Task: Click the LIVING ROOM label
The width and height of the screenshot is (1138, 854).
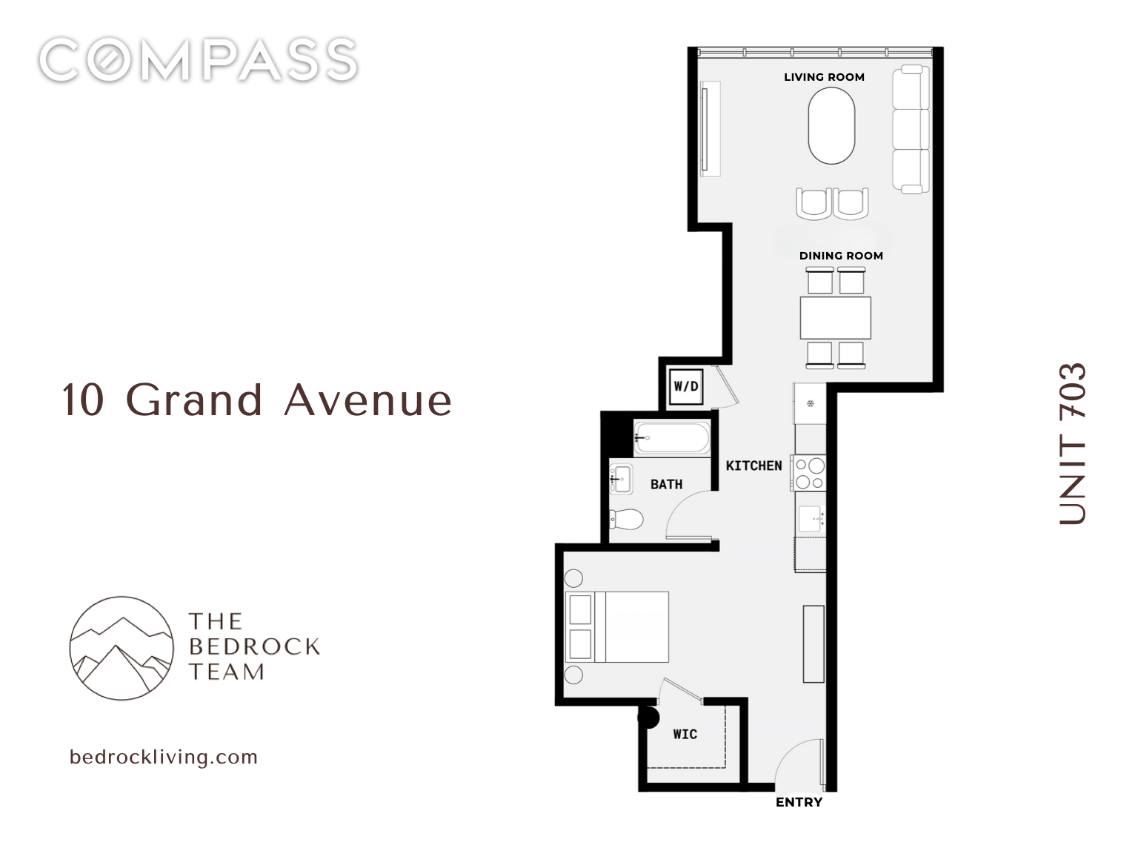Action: tap(824, 77)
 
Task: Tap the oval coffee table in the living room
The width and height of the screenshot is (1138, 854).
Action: tap(831, 126)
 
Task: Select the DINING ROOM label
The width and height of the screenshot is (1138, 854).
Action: tap(841, 256)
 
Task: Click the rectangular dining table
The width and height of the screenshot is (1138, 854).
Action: tap(835, 317)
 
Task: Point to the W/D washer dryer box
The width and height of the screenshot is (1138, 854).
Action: tap(685, 386)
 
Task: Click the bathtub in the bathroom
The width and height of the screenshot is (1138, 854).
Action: tap(672, 437)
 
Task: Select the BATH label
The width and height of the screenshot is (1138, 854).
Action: tap(666, 484)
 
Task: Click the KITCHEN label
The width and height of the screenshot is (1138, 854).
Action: tap(753, 466)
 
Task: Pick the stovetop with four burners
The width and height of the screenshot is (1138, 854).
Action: tap(808, 474)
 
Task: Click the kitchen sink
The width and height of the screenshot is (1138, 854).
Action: tap(811, 515)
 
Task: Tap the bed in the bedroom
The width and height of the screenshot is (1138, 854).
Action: tap(617, 626)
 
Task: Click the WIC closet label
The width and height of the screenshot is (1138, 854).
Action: tap(685, 734)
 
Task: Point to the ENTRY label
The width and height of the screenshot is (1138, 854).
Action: tap(799, 802)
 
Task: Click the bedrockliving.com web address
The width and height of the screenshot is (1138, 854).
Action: tap(163, 757)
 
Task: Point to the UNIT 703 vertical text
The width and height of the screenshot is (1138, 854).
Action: tap(1072, 443)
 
